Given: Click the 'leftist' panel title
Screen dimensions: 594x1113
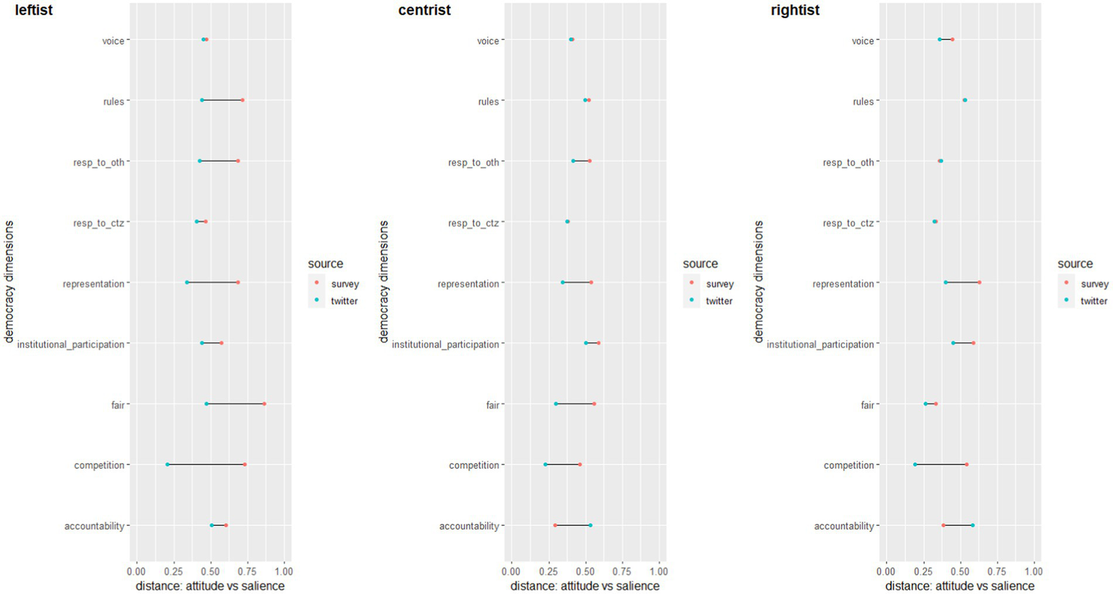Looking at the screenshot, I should coord(33,10).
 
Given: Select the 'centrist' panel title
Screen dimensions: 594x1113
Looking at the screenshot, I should coord(424,10).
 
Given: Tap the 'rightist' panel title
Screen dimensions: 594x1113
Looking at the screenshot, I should coord(796,10).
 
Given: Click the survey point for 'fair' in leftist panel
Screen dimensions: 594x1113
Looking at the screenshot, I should coord(264,404).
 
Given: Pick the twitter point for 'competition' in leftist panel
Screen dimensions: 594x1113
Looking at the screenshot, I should coord(167,464).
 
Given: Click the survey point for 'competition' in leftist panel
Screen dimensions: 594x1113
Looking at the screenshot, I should coord(244,464).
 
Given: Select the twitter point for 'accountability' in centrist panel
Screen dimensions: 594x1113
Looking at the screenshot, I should coord(590,525).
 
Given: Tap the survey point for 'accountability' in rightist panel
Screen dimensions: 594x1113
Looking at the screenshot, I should coord(943,525).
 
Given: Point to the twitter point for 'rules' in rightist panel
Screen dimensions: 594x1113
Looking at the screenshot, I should coord(964,101).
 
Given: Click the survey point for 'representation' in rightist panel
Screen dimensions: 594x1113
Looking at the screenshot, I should coord(980,283).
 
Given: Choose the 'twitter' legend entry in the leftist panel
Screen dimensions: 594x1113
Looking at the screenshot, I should coord(344,301).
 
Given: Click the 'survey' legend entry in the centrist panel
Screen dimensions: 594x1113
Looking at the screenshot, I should coord(719,284).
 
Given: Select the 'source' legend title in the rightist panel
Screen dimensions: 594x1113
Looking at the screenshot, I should coord(1075,264).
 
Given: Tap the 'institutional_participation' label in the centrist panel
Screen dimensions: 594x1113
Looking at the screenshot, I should coord(445,344).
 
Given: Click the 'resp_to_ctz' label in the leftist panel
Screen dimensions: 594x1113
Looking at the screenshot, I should coord(99,223).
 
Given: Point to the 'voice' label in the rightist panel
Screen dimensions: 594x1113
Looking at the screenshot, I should coord(863,41).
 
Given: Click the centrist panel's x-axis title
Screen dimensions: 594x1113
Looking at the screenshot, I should coord(584,586).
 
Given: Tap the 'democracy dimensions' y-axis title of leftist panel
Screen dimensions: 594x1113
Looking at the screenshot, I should coord(9,283).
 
